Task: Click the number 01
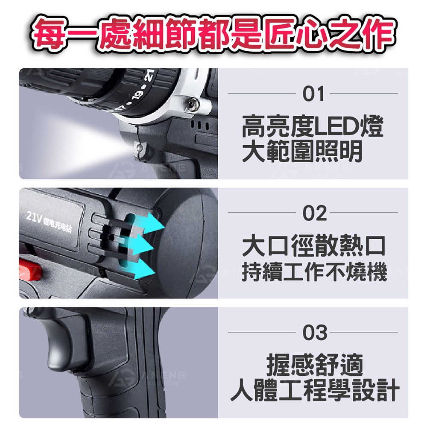tap(314, 94)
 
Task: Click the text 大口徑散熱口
tap(313, 247)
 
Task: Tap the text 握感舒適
tap(314, 366)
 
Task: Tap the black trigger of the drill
tap(64, 342)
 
